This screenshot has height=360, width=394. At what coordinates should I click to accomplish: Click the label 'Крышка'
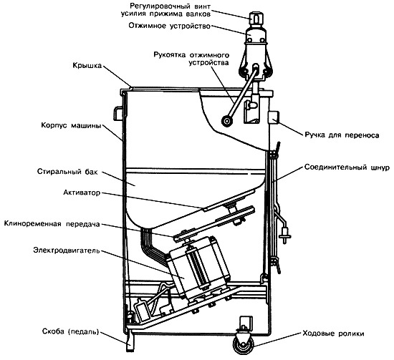pyautogui.click(x=87, y=66)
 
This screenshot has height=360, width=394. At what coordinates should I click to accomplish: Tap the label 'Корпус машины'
pyautogui.click(x=72, y=125)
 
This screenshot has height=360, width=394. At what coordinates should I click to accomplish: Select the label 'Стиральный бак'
pyautogui.click(x=67, y=172)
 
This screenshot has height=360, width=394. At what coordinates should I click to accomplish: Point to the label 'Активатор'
pyautogui.click(x=82, y=193)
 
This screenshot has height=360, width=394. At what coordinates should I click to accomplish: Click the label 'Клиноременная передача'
pyautogui.click(x=52, y=224)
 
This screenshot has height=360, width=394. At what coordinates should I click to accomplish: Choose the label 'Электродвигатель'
pyautogui.click(x=67, y=250)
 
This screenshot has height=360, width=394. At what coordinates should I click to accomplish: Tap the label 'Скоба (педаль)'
pyautogui.click(x=71, y=331)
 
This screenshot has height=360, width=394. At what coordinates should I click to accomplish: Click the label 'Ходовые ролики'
pyautogui.click(x=333, y=334)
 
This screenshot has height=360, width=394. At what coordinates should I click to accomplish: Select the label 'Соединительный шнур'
pyautogui.click(x=347, y=167)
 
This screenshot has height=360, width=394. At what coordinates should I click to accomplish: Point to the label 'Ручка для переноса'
pyautogui.click(x=342, y=135)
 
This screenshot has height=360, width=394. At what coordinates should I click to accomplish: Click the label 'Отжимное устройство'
pyautogui.click(x=169, y=26)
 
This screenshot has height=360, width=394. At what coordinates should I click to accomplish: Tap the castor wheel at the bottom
pyautogui.click(x=243, y=344)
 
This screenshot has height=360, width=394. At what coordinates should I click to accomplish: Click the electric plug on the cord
pyautogui.click(x=285, y=235)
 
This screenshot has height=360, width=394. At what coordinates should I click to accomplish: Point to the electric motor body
pyautogui.click(x=200, y=268)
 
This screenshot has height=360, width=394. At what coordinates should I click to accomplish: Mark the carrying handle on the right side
pyautogui.click(x=274, y=117)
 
